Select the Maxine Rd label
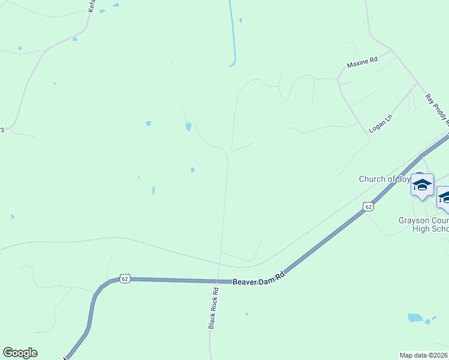coord(362,61)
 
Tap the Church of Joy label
coord(385,179)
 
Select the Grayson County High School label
coord(424,224)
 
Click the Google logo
coord(20,353)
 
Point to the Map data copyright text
coord(424,355)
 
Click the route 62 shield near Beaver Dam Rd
coord(125,278)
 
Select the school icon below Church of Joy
coord(422,185)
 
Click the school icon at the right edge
coord(445,198)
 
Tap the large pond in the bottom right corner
coord(415,317)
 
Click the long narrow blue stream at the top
coord(232,30)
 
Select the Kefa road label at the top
coord(92,6)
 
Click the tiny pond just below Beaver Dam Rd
coord(246,314)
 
